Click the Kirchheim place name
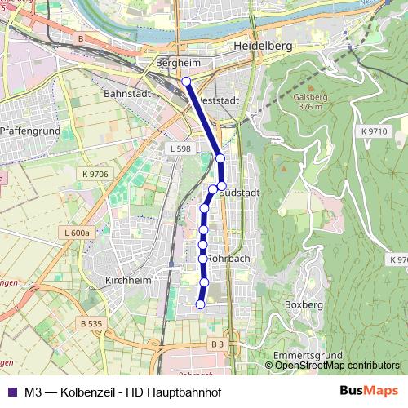(x=129, y=280)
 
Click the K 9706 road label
(x=95, y=174)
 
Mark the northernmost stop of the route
(x=186, y=81)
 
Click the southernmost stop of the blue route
(x=200, y=304)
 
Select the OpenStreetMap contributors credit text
(x=337, y=366)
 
